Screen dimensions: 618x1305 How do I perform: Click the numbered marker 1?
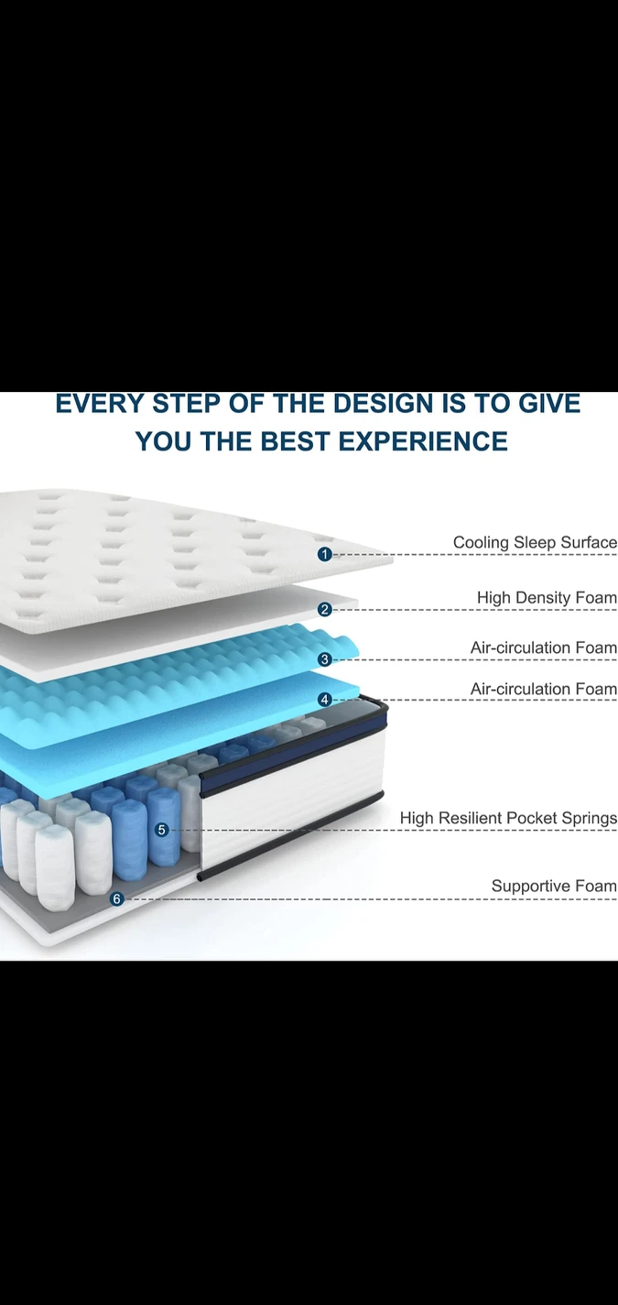325,554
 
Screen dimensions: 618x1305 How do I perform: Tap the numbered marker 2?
325,609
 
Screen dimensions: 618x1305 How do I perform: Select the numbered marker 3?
325,658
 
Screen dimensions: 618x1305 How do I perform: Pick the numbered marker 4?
325,700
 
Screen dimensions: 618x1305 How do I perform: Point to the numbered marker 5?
162,830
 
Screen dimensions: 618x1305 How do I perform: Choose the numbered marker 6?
117,899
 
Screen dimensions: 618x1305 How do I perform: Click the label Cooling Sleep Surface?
535,542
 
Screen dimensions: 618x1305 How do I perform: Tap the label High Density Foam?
547,598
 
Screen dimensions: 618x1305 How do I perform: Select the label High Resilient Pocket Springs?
508,818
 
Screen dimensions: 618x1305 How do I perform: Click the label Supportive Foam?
554,886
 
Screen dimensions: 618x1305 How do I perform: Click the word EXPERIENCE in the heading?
423,441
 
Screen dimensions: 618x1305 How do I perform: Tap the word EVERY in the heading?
100,404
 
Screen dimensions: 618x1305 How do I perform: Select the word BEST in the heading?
296,441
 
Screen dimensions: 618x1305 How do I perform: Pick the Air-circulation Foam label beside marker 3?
544,647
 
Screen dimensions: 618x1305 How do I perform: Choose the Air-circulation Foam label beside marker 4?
544,689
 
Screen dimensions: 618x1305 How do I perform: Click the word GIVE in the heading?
549,404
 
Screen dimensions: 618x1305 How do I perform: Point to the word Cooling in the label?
472,543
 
